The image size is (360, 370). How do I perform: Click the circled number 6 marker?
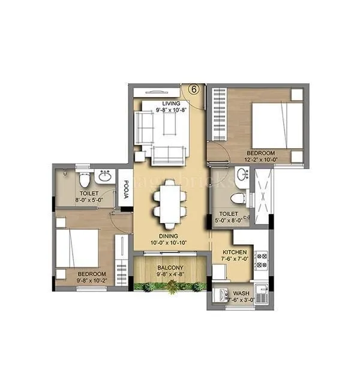point(193,88)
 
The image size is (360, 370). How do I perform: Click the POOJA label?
point(127,192)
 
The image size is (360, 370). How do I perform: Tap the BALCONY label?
point(170,268)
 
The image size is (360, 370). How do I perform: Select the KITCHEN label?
point(234,252)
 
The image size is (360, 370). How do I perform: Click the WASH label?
point(240,294)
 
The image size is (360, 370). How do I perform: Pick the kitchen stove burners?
point(262,259)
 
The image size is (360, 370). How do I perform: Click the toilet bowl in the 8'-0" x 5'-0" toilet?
point(85,178)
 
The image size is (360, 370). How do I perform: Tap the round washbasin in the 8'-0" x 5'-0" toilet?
point(105,177)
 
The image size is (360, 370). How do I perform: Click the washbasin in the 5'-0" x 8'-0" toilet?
point(242,175)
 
